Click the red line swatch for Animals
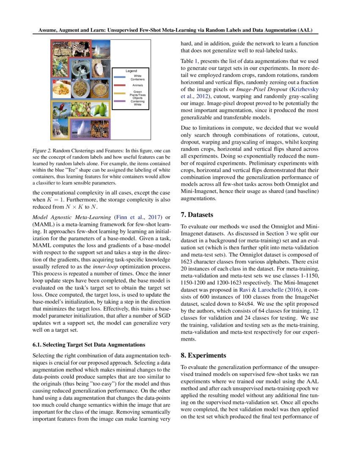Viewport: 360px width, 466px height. (120, 85)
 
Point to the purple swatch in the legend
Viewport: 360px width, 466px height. (120, 102)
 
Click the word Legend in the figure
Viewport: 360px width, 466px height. (131, 71)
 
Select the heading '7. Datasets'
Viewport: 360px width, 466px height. (197, 215)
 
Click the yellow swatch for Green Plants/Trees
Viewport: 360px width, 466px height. (120, 94)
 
